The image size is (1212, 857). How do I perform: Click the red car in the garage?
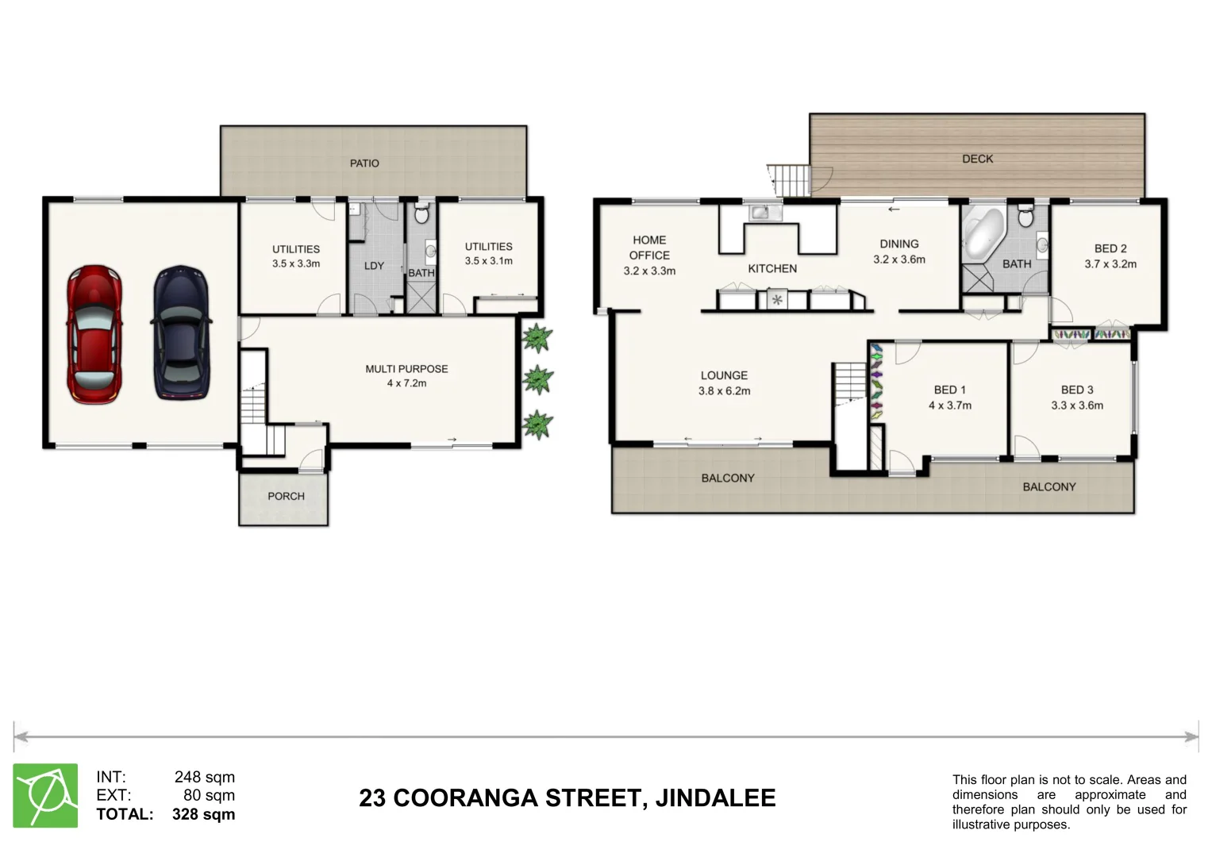94,334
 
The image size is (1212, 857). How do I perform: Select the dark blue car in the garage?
182,333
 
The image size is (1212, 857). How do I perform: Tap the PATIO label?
364,163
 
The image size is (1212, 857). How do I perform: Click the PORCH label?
286,497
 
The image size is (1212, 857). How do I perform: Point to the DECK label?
977,159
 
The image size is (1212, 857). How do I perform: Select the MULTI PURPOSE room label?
406,369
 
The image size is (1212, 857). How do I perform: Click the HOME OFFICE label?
649,248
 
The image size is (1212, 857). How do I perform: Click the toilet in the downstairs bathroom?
422,214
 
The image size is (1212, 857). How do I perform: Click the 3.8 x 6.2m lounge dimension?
724,391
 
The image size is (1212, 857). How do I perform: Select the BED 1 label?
949,390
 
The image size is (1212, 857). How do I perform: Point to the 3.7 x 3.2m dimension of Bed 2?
1110,264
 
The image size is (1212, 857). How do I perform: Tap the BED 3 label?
1077,390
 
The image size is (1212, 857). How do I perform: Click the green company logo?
45,796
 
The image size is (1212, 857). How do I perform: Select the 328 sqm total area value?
203,815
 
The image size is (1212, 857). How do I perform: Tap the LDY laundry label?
374,267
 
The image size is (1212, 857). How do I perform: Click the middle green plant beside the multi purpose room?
537,379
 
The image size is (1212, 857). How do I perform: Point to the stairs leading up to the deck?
789,179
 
